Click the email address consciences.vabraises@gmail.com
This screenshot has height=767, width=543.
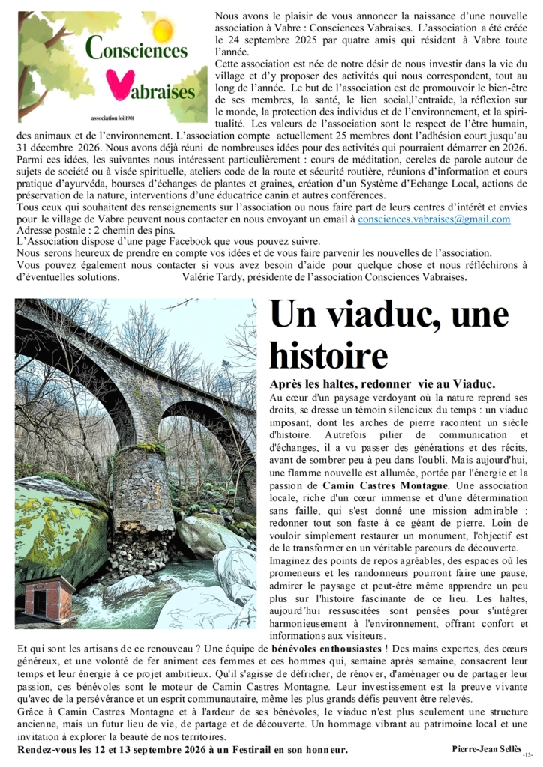[434, 219]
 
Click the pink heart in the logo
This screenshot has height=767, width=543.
[113, 81]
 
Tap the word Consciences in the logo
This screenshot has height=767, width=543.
[136, 49]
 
